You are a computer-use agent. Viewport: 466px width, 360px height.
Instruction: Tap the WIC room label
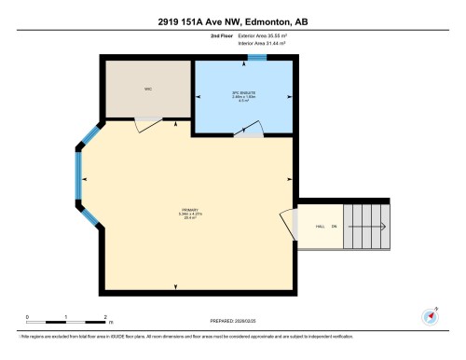tap(147, 90)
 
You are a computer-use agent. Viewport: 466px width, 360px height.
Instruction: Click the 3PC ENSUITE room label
tap(243, 94)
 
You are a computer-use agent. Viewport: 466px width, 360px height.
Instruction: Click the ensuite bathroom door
tap(246, 130)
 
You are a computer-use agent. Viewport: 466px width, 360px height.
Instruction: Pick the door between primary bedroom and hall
tap(286, 225)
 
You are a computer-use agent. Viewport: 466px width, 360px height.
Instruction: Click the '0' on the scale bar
tap(27, 318)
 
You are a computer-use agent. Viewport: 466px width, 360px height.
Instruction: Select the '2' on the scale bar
tap(105, 318)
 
